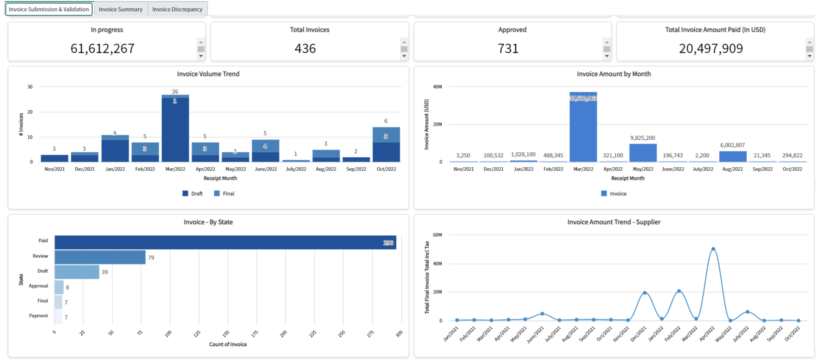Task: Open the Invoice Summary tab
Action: point(120,9)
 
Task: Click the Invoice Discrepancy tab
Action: point(177,9)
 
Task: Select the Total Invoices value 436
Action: point(305,48)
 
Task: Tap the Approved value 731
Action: point(508,48)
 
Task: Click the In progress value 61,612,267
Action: point(102,48)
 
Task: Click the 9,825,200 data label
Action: point(642,138)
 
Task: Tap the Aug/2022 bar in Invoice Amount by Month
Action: point(732,157)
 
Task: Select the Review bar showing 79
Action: point(100,257)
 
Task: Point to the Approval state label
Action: point(38,286)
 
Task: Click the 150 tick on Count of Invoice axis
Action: point(225,333)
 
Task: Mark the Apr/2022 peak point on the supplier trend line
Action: point(713,249)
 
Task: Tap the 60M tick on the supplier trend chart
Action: point(437,235)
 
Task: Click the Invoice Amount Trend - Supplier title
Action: point(614,222)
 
